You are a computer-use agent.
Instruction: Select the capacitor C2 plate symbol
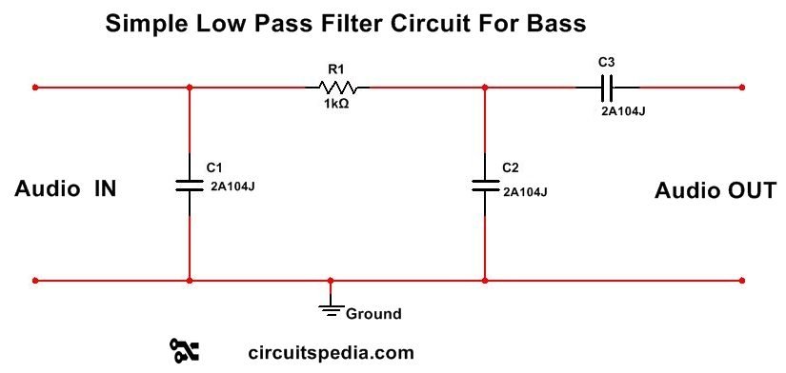point(485,184)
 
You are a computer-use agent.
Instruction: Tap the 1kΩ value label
point(336,104)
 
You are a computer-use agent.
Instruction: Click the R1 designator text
point(335,69)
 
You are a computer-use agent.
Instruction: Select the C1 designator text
point(213,167)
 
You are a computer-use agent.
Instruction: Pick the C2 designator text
point(510,167)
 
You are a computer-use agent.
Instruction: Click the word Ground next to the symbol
point(373,313)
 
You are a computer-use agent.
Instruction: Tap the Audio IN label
point(66,189)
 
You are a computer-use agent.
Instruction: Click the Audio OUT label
point(715,190)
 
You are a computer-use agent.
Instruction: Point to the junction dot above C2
point(485,88)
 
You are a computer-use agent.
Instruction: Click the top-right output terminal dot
point(741,88)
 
